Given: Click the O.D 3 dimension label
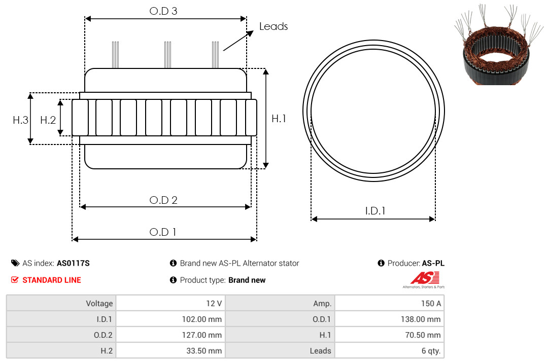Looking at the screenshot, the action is pos(163,11).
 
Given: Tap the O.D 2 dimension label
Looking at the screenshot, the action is pos(163,200).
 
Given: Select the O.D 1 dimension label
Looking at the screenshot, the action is pos(162,232).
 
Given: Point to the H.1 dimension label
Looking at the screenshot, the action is pos(279,119).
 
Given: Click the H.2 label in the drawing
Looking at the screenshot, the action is pos(48,120).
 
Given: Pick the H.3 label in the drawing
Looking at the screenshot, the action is pos(20,120).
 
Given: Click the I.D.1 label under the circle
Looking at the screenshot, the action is pos(375,211).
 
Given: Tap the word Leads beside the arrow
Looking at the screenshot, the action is pos(273,26).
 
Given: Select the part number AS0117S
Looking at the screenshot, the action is pos(73,263).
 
